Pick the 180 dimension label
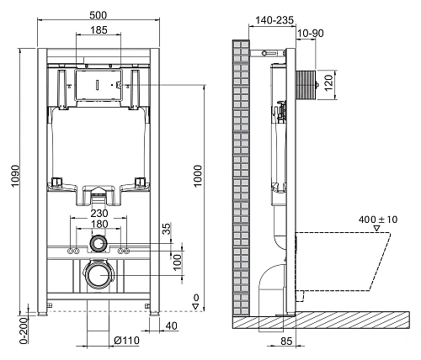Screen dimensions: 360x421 pos(99,225)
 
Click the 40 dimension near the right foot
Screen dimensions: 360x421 pos(172,326)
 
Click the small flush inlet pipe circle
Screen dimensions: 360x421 pos(99,245)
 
